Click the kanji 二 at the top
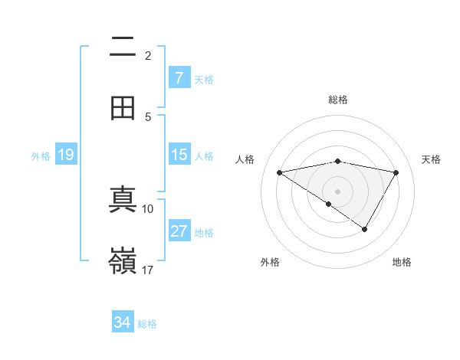tap(123, 47)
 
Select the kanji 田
tap(123, 108)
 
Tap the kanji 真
tap(123, 200)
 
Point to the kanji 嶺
tap(123, 261)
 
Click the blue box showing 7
tap(179, 78)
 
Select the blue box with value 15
tap(179, 155)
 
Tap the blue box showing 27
tap(179, 231)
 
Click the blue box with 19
tap(66, 155)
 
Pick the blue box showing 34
tap(122, 322)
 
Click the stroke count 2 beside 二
tap(148, 55)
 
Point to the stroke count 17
tap(148, 270)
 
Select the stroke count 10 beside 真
tap(148, 208)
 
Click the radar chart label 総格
tap(338, 100)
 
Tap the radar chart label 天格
tap(431, 159)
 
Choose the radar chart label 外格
tap(270, 262)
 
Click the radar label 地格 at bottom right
tap(402, 262)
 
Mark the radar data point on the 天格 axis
tap(396, 172)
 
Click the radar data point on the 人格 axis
tap(280, 172)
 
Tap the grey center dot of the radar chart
tap(338, 191)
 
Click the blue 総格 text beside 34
tap(147, 324)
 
